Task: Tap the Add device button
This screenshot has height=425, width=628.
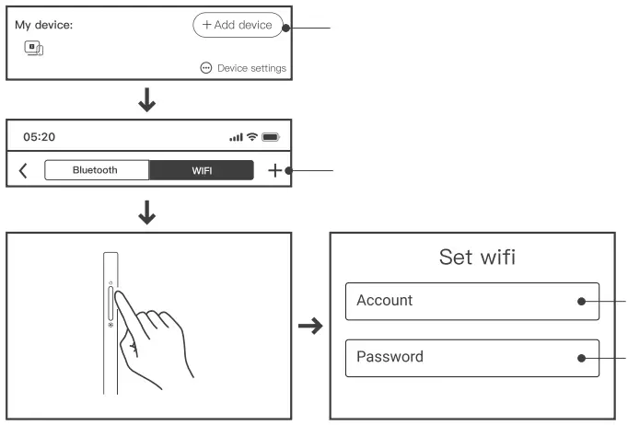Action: (238, 25)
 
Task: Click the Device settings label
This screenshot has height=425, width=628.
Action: (251, 68)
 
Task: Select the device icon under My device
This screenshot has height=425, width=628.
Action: (33, 48)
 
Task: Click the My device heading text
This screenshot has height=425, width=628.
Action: (43, 25)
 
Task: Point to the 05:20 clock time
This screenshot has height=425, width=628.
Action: (40, 137)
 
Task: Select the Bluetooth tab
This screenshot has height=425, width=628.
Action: (96, 170)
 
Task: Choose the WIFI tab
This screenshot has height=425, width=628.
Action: (202, 170)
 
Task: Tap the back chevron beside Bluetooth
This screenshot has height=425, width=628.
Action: (23, 170)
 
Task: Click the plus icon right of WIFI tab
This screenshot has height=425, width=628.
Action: (273, 170)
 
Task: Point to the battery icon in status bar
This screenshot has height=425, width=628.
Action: (271, 137)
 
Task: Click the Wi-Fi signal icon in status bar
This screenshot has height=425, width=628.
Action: (251, 137)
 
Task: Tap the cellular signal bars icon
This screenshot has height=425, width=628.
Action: (237, 137)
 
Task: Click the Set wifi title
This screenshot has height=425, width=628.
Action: (477, 257)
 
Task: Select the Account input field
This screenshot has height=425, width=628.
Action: (471, 301)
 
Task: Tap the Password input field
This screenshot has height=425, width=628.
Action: (471, 357)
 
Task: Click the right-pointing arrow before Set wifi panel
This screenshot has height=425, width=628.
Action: (312, 326)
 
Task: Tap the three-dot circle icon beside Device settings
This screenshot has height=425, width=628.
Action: (206, 68)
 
